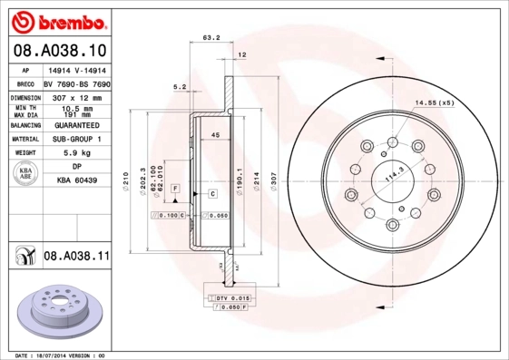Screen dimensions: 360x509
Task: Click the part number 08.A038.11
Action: pos(76,257)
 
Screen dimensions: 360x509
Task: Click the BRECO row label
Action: pos(26,82)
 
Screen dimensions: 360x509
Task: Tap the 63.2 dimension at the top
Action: pos(210,38)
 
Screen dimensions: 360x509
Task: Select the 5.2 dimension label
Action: pos(180,87)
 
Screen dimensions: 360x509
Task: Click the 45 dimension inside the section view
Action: pos(215,135)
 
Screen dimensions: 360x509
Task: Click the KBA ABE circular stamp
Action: pos(26,174)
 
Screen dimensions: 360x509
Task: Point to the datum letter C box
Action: pos(211,193)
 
